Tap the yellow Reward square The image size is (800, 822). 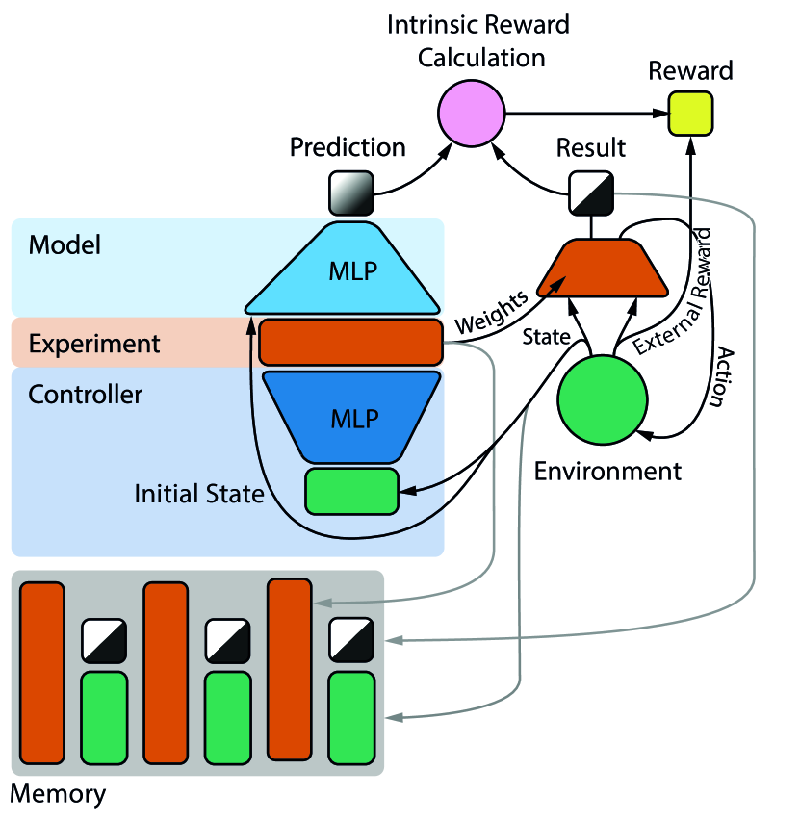pyautogui.click(x=691, y=114)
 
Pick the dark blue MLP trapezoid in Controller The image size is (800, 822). pyautogui.click(x=351, y=418)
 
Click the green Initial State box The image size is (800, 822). pyautogui.click(x=351, y=490)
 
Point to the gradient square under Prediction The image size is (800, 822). pyautogui.click(x=350, y=193)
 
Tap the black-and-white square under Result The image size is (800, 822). pyautogui.click(x=587, y=193)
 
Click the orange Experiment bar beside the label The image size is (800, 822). pyautogui.click(x=349, y=342)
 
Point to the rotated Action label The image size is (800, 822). pyautogui.click(x=717, y=378)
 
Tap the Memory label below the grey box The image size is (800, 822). pyautogui.click(x=58, y=795)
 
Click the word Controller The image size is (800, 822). pyautogui.click(x=86, y=395)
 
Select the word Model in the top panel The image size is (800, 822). pyautogui.click(x=65, y=244)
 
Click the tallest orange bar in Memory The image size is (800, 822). pyautogui.click(x=290, y=668)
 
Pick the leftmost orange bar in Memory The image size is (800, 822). pyautogui.click(x=42, y=670)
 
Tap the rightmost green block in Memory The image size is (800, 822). pyautogui.click(x=351, y=717)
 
